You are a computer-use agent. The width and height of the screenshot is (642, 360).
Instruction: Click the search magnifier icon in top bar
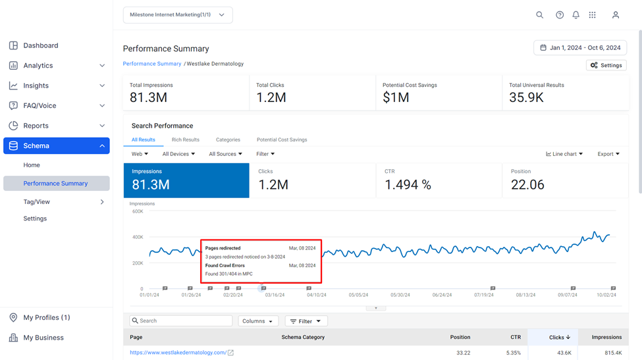(x=540, y=15)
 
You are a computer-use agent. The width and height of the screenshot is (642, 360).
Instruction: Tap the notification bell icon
(x=575, y=15)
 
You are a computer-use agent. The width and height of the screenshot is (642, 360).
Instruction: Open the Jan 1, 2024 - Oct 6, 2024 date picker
(x=579, y=48)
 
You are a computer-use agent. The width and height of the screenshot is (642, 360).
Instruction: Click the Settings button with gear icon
(x=606, y=65)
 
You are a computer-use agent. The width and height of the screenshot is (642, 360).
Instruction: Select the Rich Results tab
(x=186, y=140)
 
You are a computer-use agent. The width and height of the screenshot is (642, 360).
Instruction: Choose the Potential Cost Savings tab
(x=282, y=140)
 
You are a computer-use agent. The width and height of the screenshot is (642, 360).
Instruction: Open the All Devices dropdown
(x=178, y=154)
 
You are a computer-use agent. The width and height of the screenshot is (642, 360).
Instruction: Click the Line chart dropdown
(x=564, y=154)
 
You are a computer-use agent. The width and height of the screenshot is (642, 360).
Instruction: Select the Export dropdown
(x=608, y=154)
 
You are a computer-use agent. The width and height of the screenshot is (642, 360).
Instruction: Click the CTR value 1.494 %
(x=408, y=185)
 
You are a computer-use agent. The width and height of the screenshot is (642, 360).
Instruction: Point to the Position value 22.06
(x=527, y=185)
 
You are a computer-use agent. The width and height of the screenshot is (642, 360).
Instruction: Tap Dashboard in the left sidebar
(x=41, y=45)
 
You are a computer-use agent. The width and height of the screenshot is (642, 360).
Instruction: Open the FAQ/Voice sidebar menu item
(x=40, y=105)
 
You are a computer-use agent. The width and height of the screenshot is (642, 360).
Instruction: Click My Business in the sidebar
(x=43, y=338)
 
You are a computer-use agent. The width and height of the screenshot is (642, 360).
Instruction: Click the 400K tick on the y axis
(x=138, y=238)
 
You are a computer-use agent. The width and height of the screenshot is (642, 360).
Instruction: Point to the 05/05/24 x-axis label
(x=358, y=295)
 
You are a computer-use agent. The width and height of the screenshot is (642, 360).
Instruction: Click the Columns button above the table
(x=258, y=321)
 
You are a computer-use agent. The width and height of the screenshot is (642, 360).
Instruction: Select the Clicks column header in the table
(x=559, y=338)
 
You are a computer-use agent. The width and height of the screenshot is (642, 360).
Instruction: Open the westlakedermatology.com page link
(x=178, y=353)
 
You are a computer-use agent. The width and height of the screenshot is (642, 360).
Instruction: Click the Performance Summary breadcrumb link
(x=152, y=64)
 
